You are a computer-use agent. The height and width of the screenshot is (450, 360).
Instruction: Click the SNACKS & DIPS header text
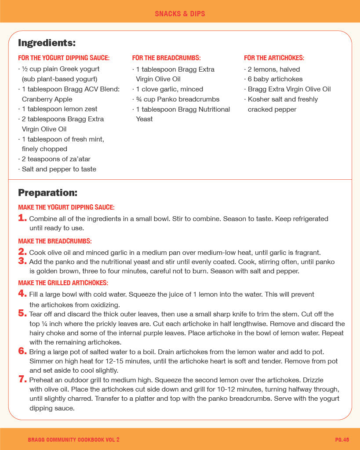(x=180, y=14)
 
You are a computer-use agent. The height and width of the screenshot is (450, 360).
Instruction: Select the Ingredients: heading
(x=47, y=43)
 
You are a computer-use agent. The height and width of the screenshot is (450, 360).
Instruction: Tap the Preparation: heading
(x=47, y=192)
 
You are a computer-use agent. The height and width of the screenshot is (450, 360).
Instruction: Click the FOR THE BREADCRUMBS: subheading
(x=166, y=58)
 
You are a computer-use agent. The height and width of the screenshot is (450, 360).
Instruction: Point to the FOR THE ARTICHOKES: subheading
(x=274, y=58)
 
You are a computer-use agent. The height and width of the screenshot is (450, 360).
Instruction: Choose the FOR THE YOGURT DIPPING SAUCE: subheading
(x=64, y=58)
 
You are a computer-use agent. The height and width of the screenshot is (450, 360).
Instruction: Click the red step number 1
(x=22, y=218)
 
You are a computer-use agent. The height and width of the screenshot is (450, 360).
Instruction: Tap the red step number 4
(x=22, y=294)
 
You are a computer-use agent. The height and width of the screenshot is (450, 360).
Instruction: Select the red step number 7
(x=22, y=379)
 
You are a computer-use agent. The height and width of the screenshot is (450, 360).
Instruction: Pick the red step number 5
(x=22, y=313)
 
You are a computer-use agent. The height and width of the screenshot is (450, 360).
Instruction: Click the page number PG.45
(x=342, y=439)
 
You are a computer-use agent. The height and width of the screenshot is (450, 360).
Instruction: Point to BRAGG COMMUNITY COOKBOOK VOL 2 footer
(x=73, y=439)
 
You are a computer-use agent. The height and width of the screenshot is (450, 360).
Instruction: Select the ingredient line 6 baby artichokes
(x=275, y=79)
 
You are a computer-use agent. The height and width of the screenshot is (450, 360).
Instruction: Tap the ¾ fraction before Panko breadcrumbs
(x=138, y=99)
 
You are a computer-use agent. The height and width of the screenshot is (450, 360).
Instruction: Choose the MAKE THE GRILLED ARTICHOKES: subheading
(x=63, y=283)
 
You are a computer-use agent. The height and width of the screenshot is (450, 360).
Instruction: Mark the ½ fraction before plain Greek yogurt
(x=25, y=69)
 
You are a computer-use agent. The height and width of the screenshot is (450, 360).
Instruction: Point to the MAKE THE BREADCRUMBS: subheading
(x=55, y=241)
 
